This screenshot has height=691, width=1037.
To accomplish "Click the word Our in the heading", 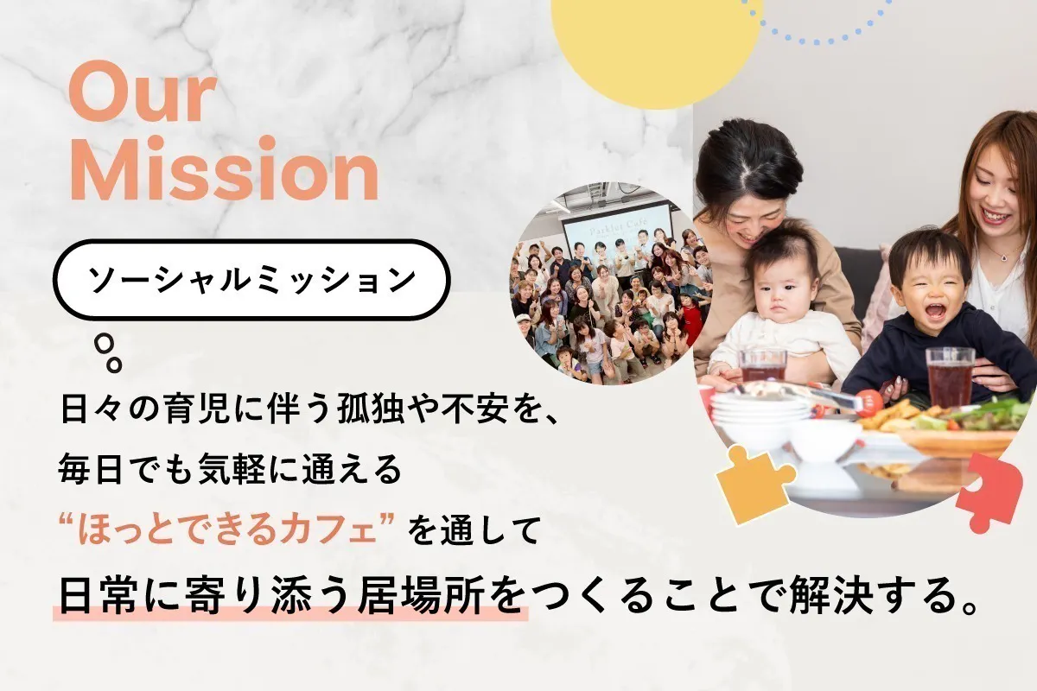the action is click(x=143, y=93).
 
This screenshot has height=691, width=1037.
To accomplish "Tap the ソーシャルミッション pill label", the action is click(x=251, y=280).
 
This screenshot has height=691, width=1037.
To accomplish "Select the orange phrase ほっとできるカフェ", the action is click(x=226, y=530).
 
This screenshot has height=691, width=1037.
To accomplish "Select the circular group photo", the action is click(x=610, y=283).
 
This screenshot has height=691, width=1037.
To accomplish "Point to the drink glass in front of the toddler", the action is click(x=950, y=377).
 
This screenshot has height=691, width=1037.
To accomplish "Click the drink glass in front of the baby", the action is click(x=763, y=365).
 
